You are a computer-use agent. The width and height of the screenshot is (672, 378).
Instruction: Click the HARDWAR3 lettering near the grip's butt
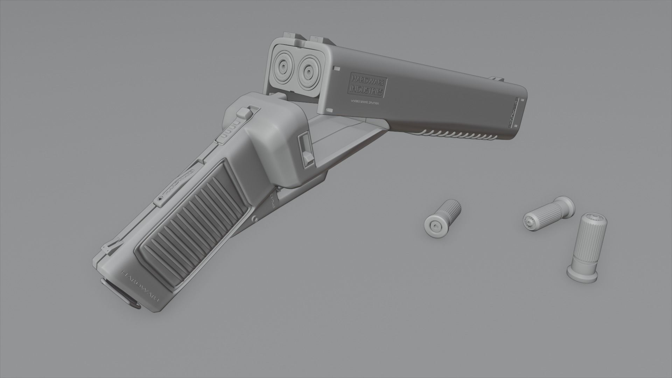[140, 286]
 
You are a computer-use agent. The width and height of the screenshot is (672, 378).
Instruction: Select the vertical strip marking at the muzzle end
[514, 114]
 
